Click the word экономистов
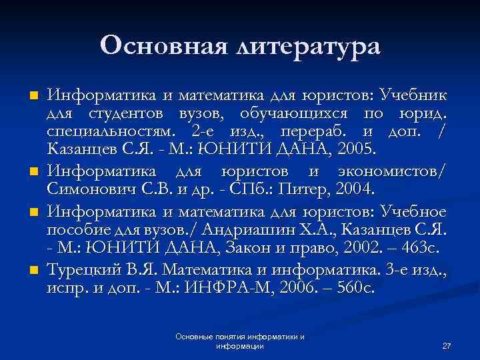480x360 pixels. coord(388,171)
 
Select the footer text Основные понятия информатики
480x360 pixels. coord(240,337)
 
